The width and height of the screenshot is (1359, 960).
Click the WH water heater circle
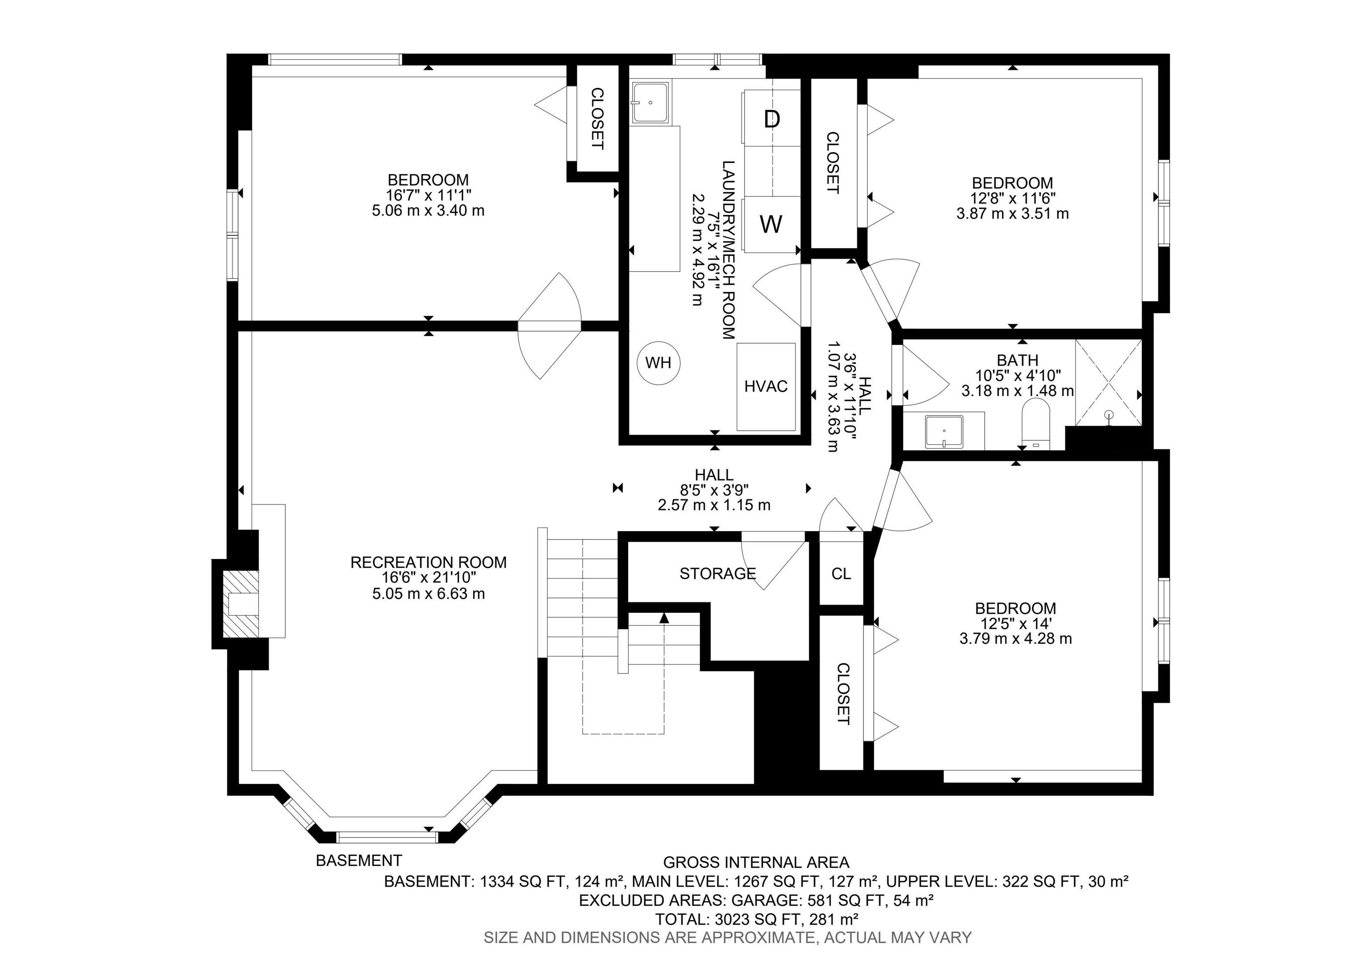[x=658, y=363]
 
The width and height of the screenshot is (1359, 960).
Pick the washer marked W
[x=771, y=224]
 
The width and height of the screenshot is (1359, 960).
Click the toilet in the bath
[x=1036, y=424]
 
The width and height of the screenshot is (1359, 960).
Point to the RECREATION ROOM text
[x=429, y=562]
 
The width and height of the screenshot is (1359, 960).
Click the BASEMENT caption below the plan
[x=359, y=861]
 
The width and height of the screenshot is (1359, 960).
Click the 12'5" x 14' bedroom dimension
[x=1016, y=623]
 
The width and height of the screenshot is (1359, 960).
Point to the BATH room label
[x=1017, y=360]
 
